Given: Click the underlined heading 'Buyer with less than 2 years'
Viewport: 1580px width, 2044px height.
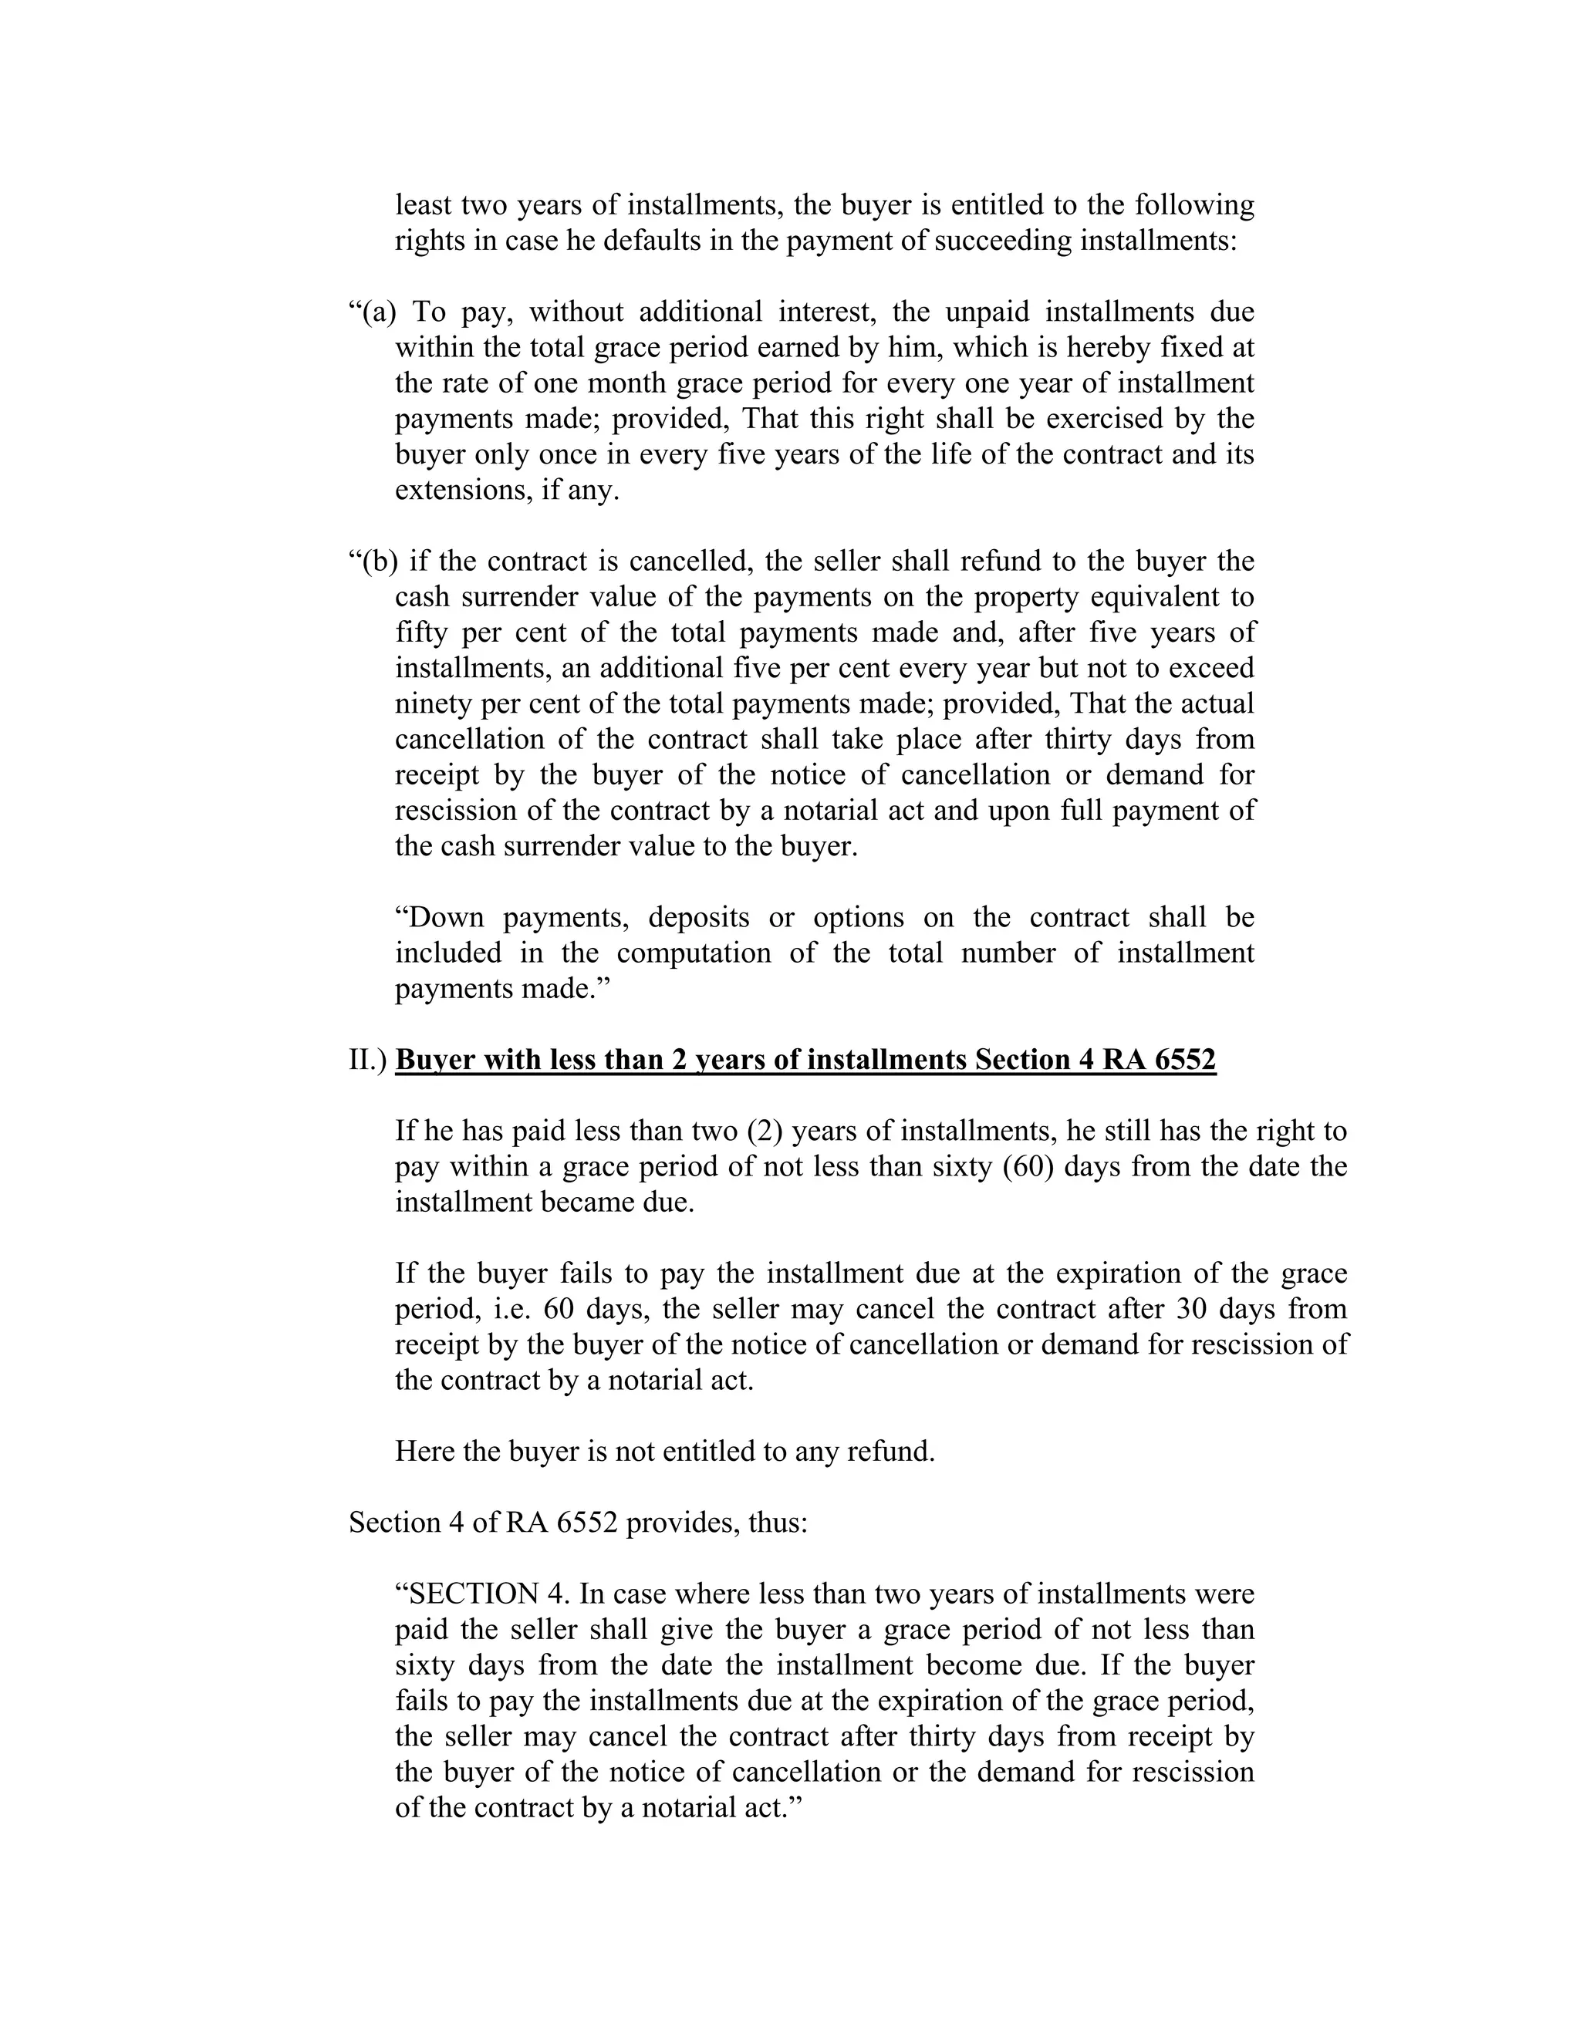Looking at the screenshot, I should pyautogui.click(x=805, y=1060).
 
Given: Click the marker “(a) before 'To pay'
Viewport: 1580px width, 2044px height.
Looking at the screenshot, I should pyautogui.click(x=373, y=312).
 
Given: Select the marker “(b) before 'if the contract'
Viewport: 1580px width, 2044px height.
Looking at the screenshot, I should pyautogui.click(x=373, y=562).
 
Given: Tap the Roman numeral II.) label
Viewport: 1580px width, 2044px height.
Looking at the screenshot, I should pyautogui.click(x=368, y=1060).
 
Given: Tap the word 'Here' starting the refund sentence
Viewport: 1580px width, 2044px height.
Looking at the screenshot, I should pyautogui.click(x=424, y=1452).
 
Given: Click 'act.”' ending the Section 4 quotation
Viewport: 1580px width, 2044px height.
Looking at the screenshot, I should pyautogui.click(x=773, y=1808).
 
